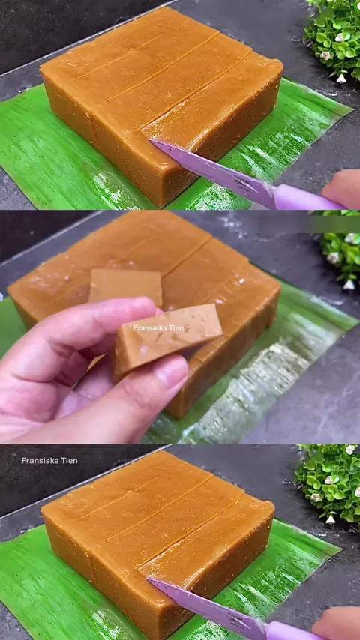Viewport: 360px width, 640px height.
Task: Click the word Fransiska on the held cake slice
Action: (149, 327)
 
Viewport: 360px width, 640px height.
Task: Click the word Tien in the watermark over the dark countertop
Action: (69, 461)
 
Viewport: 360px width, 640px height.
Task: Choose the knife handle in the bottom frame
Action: (293, 631)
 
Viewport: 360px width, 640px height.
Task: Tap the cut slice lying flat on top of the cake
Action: (125, 287)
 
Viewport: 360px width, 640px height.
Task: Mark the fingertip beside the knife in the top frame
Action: (341, 188)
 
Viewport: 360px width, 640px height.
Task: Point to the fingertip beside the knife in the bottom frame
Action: (336, 623)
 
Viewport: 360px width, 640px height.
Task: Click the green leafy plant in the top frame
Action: (332, 39)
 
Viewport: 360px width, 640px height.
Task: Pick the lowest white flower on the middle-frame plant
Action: (349, 284)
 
